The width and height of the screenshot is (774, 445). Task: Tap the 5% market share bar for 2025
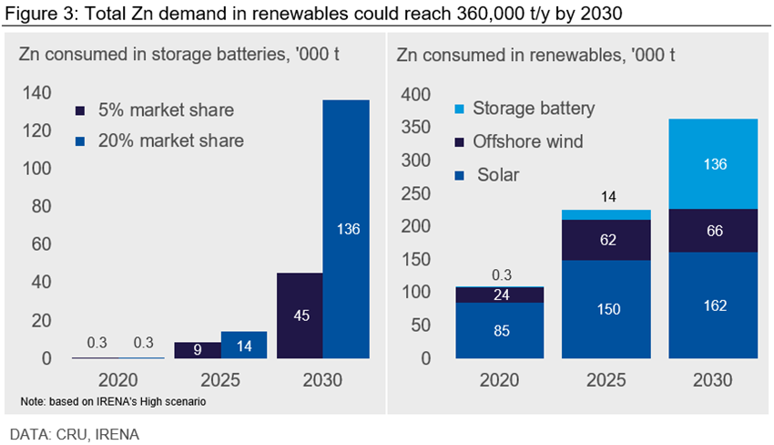coord(197,350)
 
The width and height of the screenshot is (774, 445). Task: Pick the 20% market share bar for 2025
coord(243,345)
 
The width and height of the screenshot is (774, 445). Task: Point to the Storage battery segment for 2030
coord(715,164)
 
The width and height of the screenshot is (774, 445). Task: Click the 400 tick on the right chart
coord(416,95)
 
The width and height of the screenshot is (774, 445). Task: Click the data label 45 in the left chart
coord(300,316)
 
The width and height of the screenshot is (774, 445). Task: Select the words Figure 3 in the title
coord(36,12)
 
